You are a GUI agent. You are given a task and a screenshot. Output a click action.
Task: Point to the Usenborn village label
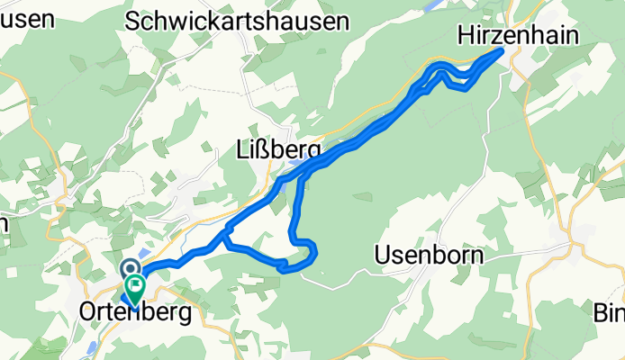[428, 256]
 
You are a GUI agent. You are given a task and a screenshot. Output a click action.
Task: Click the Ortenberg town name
[135, 312]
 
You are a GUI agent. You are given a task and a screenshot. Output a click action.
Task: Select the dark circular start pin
[130, 269]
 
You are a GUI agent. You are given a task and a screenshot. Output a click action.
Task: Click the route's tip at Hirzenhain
[500, 52]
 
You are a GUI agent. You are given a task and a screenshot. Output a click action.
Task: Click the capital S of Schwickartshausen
[135, 22]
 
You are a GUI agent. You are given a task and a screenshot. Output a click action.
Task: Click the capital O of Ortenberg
[87, 312]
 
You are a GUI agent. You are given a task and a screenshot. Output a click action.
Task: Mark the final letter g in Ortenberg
[185, 315]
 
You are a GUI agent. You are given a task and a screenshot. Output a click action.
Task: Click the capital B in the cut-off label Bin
[599, 312]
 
